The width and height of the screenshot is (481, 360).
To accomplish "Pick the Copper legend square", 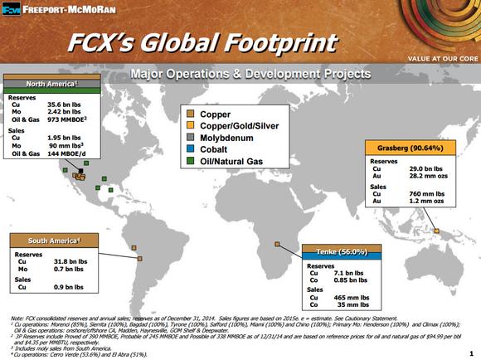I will [x=192, y=112].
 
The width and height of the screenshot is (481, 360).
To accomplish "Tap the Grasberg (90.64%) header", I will [x=407, y=148].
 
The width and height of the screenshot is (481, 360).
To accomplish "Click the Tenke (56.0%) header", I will [x=342, y=251].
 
